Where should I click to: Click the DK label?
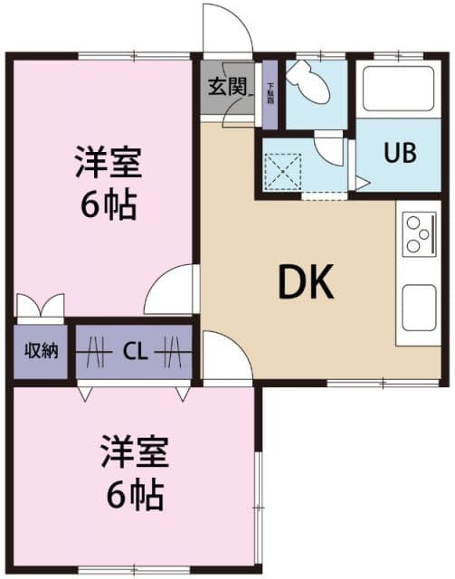click(x=306, y=284)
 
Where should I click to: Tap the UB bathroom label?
click(x=400, y=152)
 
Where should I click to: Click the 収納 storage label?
click(x=41, y=349)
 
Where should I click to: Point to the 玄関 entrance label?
click(x=227, y=87)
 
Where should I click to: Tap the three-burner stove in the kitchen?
click(x=419, y=233)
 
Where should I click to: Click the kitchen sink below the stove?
click(x=420, y=307)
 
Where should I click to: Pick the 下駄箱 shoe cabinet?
click(x=270, y=95)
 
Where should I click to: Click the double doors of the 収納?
click(x=40, y=305)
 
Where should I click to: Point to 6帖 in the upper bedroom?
click(x=107, y=206)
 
